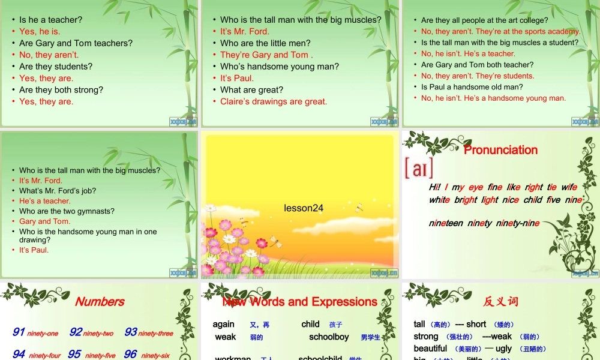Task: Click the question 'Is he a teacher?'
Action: [50, 20]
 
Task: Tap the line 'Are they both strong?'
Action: [61, 90]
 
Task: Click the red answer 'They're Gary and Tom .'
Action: [266, 55]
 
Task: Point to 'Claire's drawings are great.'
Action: [274, 101]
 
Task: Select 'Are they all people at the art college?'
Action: [484, 20]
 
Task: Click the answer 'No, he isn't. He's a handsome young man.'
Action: [493, 98]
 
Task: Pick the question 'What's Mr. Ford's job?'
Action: [58, 191]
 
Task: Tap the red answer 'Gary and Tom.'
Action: [44, 221]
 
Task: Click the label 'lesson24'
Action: [304, 208]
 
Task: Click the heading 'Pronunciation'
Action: [500, 150]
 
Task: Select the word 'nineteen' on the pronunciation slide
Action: [446, 223]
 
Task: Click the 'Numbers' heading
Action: [100, 302]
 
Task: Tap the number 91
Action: [19, 332]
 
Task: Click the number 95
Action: [74, 355]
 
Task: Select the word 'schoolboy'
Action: [329, 337]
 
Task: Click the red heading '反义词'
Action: [500, 302]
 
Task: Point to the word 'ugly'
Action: [503, 349]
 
